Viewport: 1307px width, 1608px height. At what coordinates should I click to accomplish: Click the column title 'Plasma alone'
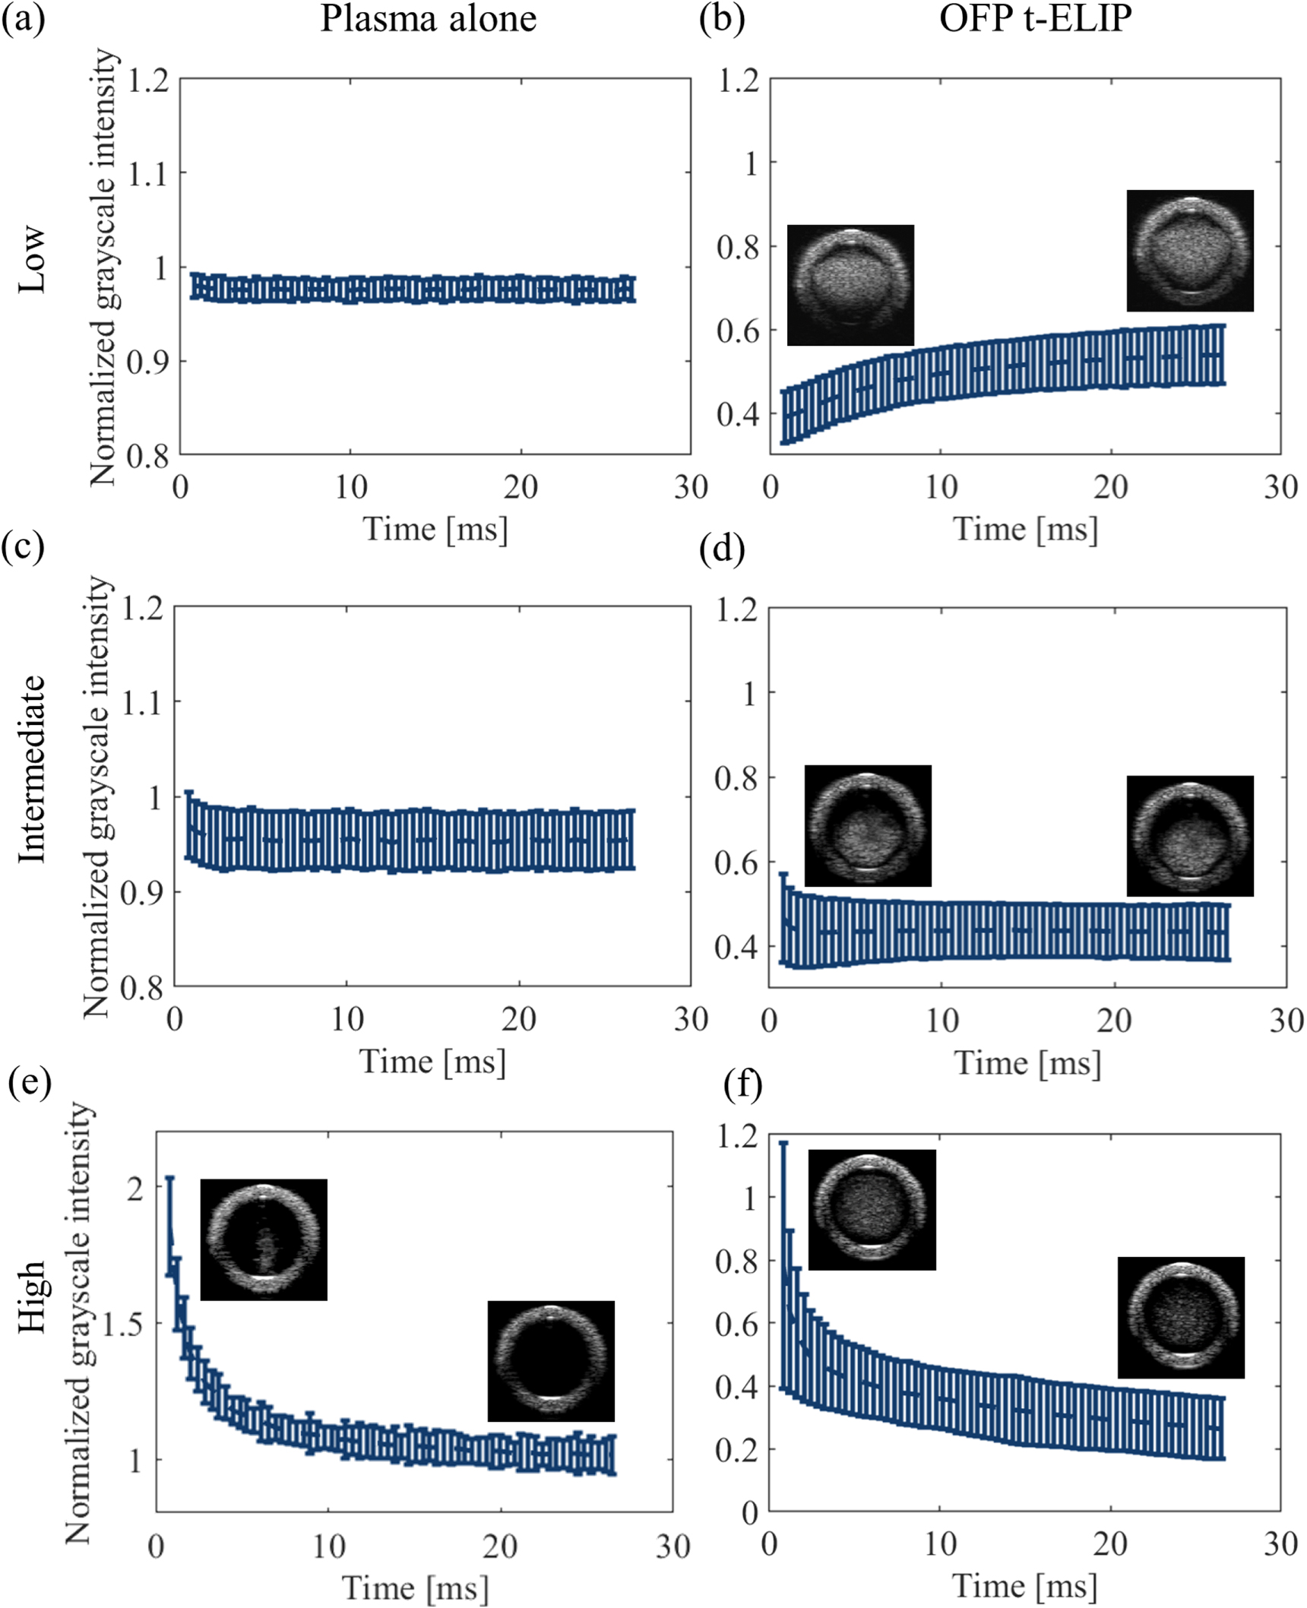tap(428, 18)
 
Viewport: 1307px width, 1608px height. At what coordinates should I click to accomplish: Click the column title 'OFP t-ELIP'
tap(1035, 18)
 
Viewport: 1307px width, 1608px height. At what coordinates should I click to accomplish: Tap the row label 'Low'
tap(32, 259)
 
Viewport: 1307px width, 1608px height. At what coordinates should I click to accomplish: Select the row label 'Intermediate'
tap(32, 768)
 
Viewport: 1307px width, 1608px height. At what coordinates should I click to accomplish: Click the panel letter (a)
tap(23, 18)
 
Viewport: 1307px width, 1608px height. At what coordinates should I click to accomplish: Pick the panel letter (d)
tap(721, 548)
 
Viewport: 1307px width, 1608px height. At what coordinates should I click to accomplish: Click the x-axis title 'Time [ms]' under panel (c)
tap(432, 1061)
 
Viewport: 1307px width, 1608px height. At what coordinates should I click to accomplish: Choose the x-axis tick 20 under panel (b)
tap(1110, 486)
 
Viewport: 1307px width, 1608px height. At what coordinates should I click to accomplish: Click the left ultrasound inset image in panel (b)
tap(850, 285)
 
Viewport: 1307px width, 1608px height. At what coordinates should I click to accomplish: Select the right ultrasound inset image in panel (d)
tap(1189, 836)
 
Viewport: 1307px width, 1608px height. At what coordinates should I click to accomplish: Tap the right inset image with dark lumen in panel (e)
tap(551, 1360)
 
